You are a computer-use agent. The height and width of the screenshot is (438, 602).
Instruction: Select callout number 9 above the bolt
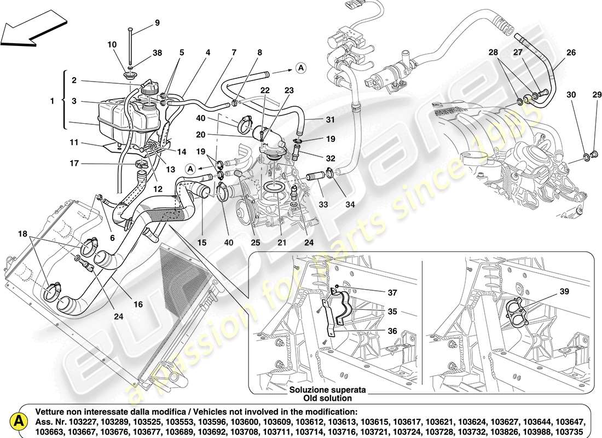pos(157,23)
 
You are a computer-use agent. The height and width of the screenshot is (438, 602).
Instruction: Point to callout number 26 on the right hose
pos(571,53)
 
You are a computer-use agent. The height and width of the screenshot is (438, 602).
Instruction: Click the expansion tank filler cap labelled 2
pos(149,88)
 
